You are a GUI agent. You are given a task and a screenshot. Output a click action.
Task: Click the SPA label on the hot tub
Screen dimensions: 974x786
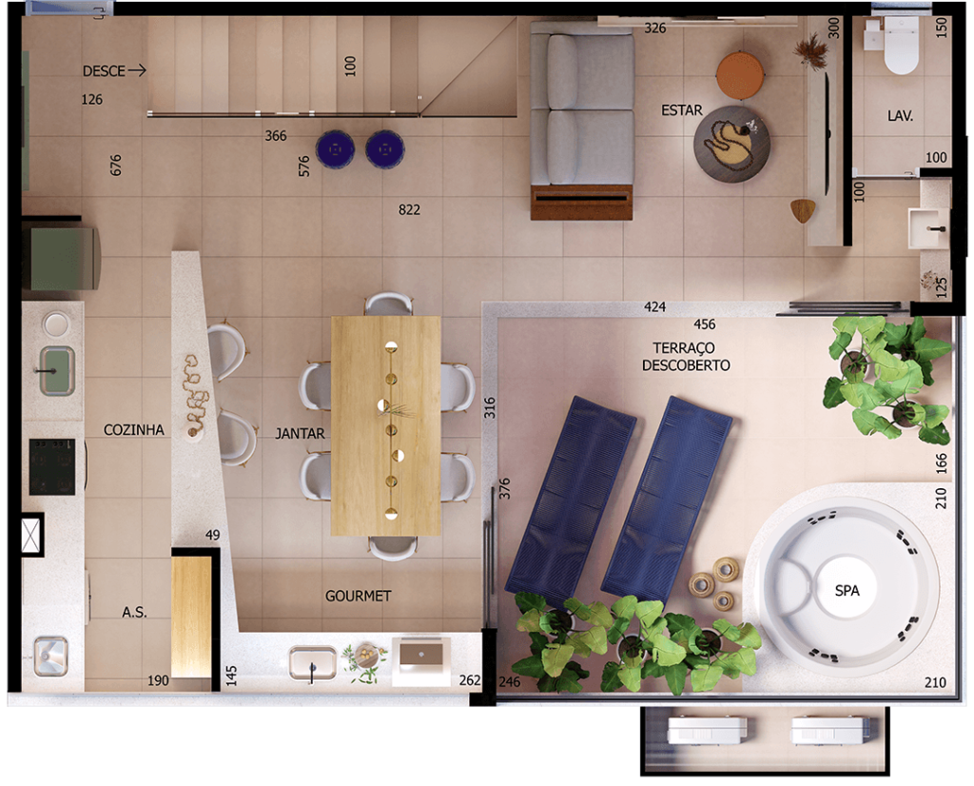pos(847,590)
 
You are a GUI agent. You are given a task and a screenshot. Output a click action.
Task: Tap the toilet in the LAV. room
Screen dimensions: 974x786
pos(901,45)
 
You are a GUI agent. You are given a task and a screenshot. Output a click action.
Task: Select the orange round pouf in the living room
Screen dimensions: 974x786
pos(740,75)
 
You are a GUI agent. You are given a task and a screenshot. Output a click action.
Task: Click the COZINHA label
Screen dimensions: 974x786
pos(133,430)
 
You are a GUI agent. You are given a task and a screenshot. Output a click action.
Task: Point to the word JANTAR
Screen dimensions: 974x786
pos(300,434)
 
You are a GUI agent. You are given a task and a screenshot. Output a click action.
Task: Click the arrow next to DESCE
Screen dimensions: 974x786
pos(137,70)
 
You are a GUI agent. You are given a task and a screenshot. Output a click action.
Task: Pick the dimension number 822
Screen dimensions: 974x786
pos(409,210)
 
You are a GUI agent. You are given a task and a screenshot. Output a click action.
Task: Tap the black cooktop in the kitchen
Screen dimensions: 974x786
pos(52,467)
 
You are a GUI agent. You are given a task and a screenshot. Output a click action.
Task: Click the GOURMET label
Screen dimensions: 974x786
pos(358,596)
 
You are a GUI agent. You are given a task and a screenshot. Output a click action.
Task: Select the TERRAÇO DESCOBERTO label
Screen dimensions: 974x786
pos(686,357)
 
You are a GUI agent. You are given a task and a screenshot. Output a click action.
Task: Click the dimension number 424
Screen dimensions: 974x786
pos(654,307)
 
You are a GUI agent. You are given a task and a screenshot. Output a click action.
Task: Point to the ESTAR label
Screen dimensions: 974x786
pos(681,110)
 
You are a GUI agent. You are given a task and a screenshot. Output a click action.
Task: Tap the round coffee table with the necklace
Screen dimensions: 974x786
pos(731,144)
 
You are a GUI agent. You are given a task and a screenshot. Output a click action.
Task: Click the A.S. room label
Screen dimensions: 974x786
pos(134,613)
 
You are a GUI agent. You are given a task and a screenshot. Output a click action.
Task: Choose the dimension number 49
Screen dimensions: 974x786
pos(212,535)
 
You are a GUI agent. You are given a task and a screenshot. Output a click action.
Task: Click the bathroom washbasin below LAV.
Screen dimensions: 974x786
pos(928,228)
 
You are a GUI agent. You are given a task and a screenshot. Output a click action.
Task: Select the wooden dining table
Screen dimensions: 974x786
pos(386,425)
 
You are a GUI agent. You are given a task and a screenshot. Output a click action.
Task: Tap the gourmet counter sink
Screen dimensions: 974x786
pos(312,663)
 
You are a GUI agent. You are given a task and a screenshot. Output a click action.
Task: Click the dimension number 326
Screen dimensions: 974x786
pos(654,28)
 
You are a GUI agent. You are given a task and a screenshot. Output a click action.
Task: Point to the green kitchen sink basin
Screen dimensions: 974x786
pos(57,371)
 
